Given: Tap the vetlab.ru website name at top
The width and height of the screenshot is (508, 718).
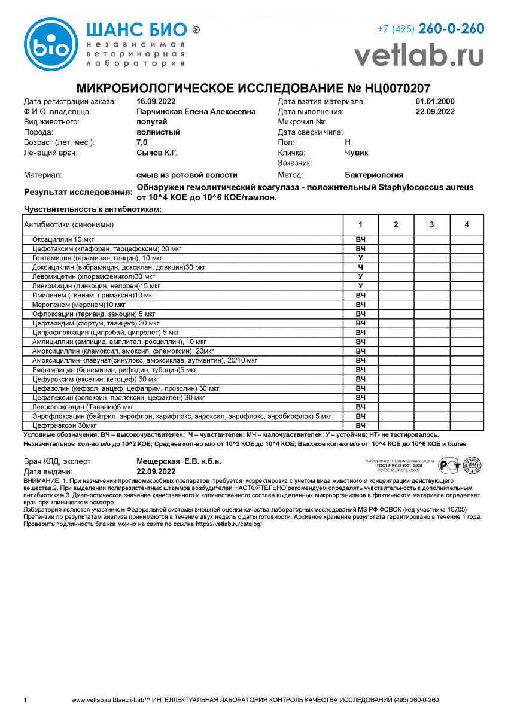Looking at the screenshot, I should (x=419, y=55).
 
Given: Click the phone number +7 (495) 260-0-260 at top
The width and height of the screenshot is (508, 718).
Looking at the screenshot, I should (x=430, y=29).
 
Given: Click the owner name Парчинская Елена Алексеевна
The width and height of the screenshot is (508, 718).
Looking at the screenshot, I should (x=196, y=112).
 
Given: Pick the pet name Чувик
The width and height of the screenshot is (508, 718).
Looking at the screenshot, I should (x=357, y=153).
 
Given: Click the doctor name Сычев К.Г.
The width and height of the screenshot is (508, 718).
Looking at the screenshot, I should (x=157, y=153).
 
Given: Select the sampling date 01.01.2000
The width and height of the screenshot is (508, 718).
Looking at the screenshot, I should (x=435, y=102).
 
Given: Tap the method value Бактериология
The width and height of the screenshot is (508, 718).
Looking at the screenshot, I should (x=374, y=175).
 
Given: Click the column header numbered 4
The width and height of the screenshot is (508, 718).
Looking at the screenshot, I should (x=467, y=224).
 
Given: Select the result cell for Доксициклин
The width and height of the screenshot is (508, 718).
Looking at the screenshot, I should (x=360, y=267).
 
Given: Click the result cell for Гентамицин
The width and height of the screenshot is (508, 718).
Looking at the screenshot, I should (x=360, y=257).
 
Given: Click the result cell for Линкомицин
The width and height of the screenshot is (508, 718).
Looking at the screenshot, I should (x=360, y=285).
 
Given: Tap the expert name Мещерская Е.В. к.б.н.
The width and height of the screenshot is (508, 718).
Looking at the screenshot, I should (x=179, y=461).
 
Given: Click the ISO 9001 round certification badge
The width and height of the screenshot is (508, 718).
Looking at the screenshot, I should (x=472, y=465).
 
